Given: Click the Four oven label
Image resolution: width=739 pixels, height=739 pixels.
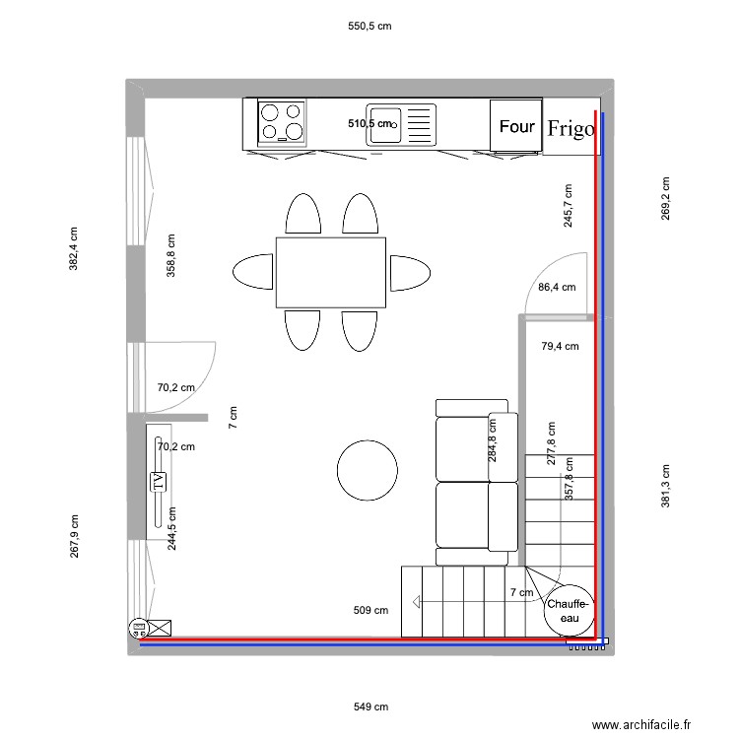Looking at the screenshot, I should pyautogui.click(x=516, y=127).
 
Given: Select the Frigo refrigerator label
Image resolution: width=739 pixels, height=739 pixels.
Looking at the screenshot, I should pyautogui.click(x=571, y=128).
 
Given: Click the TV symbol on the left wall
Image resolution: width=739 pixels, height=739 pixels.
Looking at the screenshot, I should pyautogui.click(x=157, y=482).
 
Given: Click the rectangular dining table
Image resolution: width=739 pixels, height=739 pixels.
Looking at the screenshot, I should pyautogui.click(x=330, y=272).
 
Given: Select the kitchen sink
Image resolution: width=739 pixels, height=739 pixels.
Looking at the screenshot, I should pyautogui.click(x=400, y=125).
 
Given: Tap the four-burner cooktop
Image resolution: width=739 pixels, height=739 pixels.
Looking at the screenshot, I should pyautogui.click(x=281, y=123).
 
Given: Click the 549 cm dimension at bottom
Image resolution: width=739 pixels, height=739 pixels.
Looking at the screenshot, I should pyautogui.click(x=370, y=706).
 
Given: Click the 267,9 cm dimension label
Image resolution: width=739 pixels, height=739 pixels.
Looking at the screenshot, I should pyautogui.click(x=74, y=537).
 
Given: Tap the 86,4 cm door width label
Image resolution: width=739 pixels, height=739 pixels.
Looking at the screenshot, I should pyautogui.click(x=557, y=288).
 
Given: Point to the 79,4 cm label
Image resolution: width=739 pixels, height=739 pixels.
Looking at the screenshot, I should pyautogui.click(x=560, y=346).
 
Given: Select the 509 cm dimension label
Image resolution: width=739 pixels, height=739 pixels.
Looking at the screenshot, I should pyautogui.click(x=370, y=611).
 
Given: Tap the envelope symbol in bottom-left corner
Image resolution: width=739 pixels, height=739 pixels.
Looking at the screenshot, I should pyautogui.click(x=159, y=627).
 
